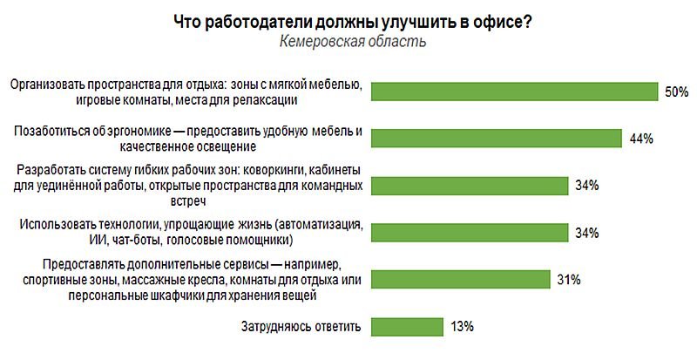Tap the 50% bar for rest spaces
514,92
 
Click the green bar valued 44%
496,139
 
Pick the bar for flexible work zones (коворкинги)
468,186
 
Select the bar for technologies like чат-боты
468,233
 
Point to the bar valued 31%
460,279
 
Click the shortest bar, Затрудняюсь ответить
407,327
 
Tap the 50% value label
677,92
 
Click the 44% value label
641,139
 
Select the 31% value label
569,280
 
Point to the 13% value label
462,327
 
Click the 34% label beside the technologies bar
586,233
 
